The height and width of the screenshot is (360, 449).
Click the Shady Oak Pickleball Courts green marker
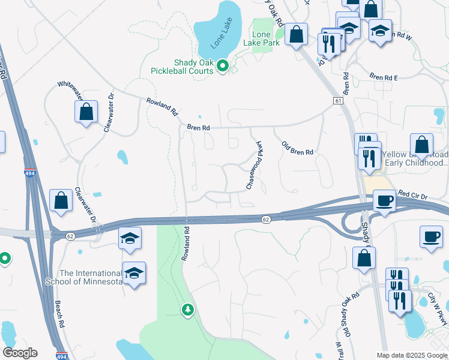point(223,66)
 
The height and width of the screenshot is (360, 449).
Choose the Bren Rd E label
point(384,77)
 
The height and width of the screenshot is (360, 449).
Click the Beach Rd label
point(59,314)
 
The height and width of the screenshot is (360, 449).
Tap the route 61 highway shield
point(339,101)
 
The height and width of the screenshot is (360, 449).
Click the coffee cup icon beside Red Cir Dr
point(384,200)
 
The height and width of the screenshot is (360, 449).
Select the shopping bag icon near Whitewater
point(86,112)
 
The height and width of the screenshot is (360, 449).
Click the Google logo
point(20,353)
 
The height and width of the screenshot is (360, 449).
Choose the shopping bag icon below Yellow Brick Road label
point(364,259)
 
